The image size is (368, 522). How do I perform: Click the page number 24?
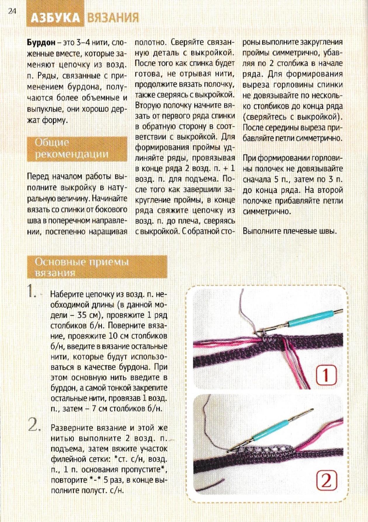tap(12, 11)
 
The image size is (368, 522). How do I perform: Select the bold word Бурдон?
tap(41, 43)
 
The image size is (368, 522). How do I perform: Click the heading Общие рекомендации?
tap(72, 148)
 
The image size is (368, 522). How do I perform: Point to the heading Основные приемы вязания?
tap(82, 267)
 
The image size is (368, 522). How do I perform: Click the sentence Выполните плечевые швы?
tap(290, 231)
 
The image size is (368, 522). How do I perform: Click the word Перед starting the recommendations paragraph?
tap(38, 177)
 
